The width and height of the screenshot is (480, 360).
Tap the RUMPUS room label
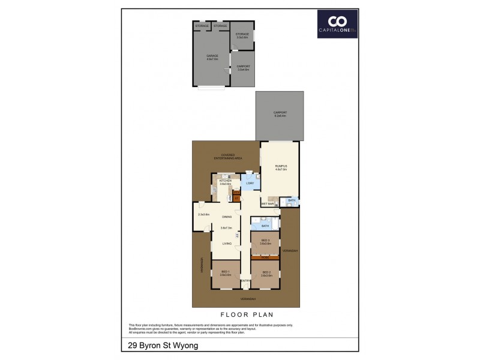(x=281, y=168)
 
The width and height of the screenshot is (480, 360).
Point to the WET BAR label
(x=268, y=204)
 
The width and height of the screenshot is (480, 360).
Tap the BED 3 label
(x=265, y=242)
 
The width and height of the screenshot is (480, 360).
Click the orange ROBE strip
(x=265, y=258)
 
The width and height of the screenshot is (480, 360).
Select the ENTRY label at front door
(x=245, y=281)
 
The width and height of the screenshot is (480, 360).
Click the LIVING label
(x=227, y=244)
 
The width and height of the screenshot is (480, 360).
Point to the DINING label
(x=226, y=217)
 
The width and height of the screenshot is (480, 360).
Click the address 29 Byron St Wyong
(x=163, y=345)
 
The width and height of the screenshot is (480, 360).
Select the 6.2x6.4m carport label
(x=280, y=114)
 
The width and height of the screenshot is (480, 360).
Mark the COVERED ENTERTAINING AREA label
(x=227, y=156)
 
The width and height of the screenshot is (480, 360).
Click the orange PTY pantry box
(x=236, y=196)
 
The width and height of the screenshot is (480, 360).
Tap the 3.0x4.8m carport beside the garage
(x=243, y=68)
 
